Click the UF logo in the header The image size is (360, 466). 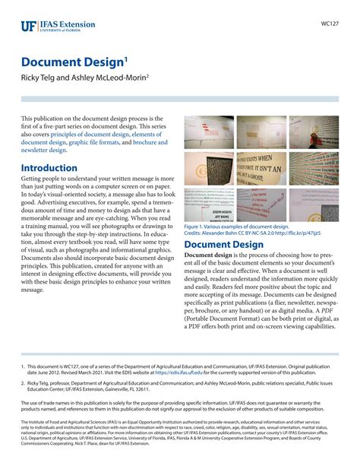tap(29, 26)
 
